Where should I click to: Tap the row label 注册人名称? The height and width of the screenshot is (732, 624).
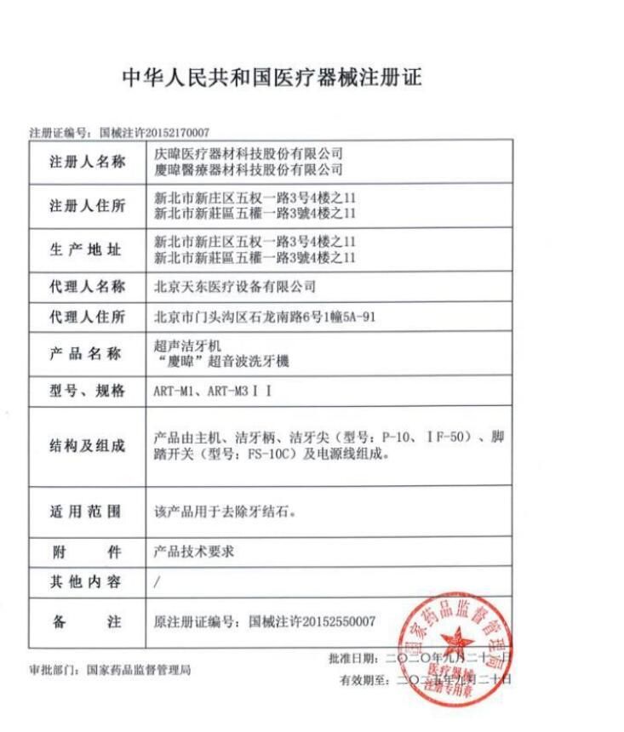[87, 163]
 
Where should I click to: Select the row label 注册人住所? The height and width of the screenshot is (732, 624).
[87, 206]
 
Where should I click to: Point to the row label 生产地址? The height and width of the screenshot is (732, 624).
[87, 249]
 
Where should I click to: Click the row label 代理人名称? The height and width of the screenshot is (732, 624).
[87, 286]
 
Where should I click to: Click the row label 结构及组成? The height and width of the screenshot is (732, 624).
[87, 446]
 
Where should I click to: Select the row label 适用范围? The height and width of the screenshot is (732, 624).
[87, 512]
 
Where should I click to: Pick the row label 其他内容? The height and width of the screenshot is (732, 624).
[87, 581]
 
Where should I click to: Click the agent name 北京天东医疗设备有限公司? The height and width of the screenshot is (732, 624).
[235, 286]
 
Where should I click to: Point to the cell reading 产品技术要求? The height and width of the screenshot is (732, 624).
[194, 551]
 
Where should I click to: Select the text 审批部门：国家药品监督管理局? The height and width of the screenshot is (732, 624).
[111, 670]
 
